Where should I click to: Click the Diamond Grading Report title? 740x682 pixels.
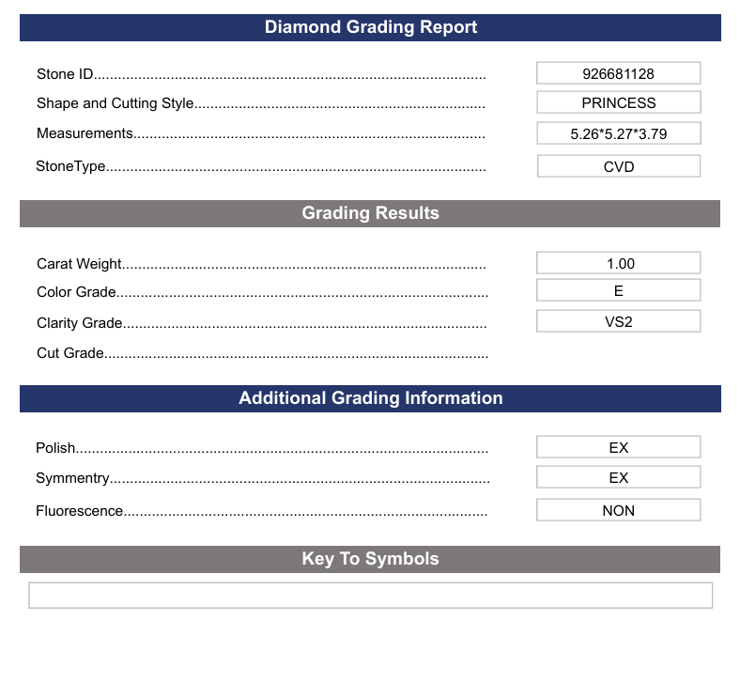370,27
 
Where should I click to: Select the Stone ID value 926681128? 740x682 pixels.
618,73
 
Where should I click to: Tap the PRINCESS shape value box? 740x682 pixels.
618,103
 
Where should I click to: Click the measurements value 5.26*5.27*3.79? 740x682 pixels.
618,133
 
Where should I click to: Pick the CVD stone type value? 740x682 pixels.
618,166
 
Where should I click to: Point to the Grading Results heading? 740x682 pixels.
370,213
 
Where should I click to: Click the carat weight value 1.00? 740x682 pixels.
618,264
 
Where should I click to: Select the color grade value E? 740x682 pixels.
618,291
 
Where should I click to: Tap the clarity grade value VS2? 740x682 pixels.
618,321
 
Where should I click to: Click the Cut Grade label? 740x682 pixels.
70,353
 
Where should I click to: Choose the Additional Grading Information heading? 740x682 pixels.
370,398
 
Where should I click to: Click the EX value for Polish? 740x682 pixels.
618,448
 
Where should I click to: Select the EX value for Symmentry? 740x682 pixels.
618,477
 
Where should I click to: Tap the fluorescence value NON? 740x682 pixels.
618,511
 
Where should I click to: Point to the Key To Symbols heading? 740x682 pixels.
370,559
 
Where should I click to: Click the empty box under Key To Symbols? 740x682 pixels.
370,596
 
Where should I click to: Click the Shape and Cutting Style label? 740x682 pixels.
116,103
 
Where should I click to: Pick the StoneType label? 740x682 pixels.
70,166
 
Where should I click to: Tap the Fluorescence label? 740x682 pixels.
80,511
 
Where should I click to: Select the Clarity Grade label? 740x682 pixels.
80,323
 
